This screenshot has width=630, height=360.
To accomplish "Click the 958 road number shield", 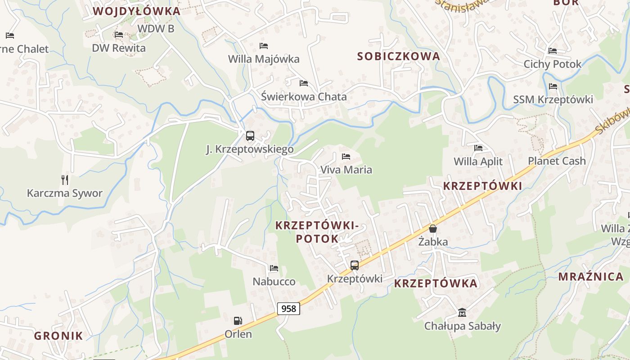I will pyautogui.click(x=288, y=309).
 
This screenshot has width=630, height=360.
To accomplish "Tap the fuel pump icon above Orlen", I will pyautogui.click(x=238, y=321).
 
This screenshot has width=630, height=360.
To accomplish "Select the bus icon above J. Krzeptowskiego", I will pyautogui.click(x=250, y=136).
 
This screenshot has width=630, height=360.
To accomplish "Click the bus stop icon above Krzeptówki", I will pyautogui.click(x=355, y=265).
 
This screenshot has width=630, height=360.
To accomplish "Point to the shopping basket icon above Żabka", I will pyautogui.click(x=433, y=229).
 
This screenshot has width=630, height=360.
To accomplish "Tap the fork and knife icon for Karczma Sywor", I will pyautogui.click(x=65, y=180).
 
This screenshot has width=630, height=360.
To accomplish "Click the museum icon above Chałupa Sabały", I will pyautogui.click(x=462, y=312).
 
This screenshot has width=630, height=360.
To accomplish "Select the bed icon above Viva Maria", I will pyautogui.click(x=346, y=157).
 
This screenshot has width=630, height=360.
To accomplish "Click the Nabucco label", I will pyautogui.click(x=274, y=282).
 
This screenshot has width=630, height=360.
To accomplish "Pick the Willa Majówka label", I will pyautogui.click(x=264, y=59).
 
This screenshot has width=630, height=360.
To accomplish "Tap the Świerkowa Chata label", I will pyautogui.click(x=304, y=97).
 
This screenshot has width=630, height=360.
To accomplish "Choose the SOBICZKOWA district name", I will pyautogui.click(x=399, y=57).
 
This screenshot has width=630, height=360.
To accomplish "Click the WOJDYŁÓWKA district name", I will pyautogui.click(x=137, y=12).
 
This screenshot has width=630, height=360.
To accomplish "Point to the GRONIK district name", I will pyautogui.click(x=59, y=336).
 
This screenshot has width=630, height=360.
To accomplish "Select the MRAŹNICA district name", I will pyautogui.click(x=591, y=277).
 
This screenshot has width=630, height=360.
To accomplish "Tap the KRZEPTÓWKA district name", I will pyautogui.click(x=436, y=283).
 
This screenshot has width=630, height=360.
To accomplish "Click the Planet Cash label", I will pyautogui.click(x=557, y=161).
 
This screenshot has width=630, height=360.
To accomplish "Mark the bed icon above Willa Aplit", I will pyautogui.click(x=478, y=148).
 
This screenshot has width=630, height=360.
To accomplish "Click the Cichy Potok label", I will pyautogui.click(x=553, y=64).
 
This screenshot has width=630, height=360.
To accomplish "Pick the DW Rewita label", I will pyautogui.click(x=119, y=48).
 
